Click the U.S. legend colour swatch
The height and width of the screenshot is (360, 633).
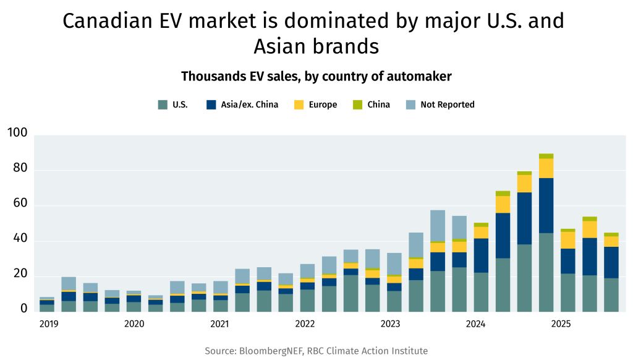pyautogui.click(x=163, y=105)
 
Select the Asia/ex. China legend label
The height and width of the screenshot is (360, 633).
pyautogui.click(x=249, y=105)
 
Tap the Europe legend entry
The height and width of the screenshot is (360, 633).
pyautogui.click(x=323, y=105)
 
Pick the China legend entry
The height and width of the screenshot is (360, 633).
pyautogui.click(x=378, y=105)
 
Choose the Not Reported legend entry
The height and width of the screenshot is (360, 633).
pyautogui.click(x=447, y=105)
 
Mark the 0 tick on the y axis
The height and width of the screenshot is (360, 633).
pyautogui.click(x=24, y=308)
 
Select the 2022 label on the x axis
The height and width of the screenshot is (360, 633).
pyautogui.click(x=305, y=324)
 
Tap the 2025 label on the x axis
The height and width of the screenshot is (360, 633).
pyautogui.click(x=561, y=324)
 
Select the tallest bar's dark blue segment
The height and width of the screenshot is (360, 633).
pyautogui.click(x=546, y=205)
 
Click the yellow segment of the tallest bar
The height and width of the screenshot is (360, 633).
pyautogui.click(x=546, y=168)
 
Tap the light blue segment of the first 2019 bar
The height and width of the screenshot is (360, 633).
pyautogui.click(x=47, y=298)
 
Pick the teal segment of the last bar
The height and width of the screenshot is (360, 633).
pyautogui.click(x=611, y=295)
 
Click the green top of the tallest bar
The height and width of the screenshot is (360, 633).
pyautogui.click(x=546, y=156)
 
